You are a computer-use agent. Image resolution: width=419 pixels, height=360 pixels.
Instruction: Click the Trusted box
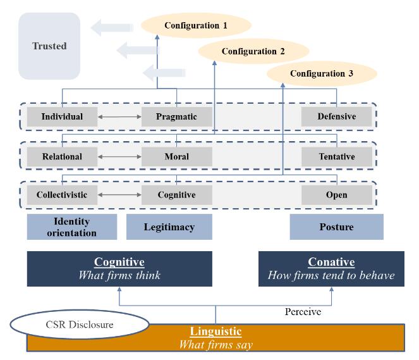click(x=49, y=46)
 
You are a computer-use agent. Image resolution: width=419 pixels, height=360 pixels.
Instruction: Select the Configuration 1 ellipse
click(x=195, y=25)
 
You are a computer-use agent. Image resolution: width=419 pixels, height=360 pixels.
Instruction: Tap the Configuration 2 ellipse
click(x=253, y=51)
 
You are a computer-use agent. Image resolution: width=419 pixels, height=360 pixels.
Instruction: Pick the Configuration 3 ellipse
click(x=321, y=73)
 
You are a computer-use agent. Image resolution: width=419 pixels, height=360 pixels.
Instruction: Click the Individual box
click(x=62, y=116)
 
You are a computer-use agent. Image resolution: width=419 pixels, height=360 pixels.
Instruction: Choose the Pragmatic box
click(x=176, y=116)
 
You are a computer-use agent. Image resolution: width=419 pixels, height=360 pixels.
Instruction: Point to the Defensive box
click(x=337, y=116)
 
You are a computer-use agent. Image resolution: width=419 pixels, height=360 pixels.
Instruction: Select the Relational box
click(x=62, y=156)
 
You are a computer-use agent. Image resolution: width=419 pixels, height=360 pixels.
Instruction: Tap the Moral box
click(x=176, y=156)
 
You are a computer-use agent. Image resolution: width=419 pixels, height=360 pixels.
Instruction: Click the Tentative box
click(x=337, y=156)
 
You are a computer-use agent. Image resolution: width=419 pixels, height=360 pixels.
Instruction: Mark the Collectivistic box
click(x=62, y=195)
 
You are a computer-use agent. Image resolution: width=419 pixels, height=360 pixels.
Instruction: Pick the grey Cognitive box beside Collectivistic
click(x=176, y=195)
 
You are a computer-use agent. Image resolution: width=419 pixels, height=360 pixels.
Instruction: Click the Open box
click(x=337, y=195)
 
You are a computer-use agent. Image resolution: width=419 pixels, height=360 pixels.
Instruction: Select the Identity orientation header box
click(x=72, y=227)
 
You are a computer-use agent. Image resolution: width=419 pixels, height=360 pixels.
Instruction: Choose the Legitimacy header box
click(x=169, y=227)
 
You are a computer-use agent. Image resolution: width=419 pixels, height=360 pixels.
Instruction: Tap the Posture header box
click(x=336, y=227)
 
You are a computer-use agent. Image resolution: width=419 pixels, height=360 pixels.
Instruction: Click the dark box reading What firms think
click(x=119, y=269)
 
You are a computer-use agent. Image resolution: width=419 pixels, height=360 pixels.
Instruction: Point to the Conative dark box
click(x=331, y=269)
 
